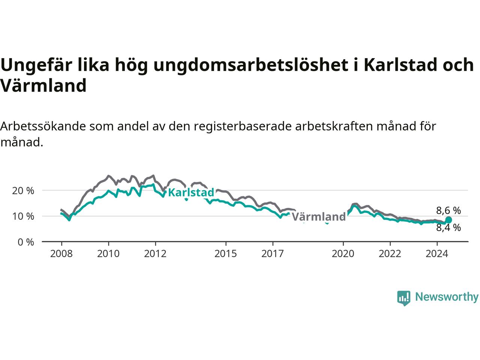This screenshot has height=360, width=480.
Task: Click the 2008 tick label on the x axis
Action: [x=61, y=254]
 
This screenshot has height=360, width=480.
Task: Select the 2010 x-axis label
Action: [x=108, y=254]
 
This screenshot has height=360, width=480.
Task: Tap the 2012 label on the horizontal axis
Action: [x=155, y=254]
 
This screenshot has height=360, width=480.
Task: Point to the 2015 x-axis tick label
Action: [x=226, y=254]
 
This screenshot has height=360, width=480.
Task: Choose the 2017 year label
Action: [x=273, y=254]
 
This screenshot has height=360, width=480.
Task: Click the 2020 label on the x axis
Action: [x=343, y=254]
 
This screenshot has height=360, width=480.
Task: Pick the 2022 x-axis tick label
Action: [x=390, y=254]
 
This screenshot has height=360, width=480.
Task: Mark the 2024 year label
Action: [x=437, y=254]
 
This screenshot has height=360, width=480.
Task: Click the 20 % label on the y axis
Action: [x=23, y=191]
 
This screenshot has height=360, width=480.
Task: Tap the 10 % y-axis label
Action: [x=23, y=216]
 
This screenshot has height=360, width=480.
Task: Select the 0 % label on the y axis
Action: [x=26, y=242]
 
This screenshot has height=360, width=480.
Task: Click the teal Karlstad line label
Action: [x=191, y=193]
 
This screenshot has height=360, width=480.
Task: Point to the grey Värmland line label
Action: [x=319, y=217]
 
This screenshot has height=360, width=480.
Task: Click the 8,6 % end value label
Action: [x=448, y=210]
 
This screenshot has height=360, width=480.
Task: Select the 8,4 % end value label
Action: [x=448, y=228]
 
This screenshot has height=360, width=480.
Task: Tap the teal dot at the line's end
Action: [x=448, y=220]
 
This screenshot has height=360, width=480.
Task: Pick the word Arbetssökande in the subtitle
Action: [x=43, y=126]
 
